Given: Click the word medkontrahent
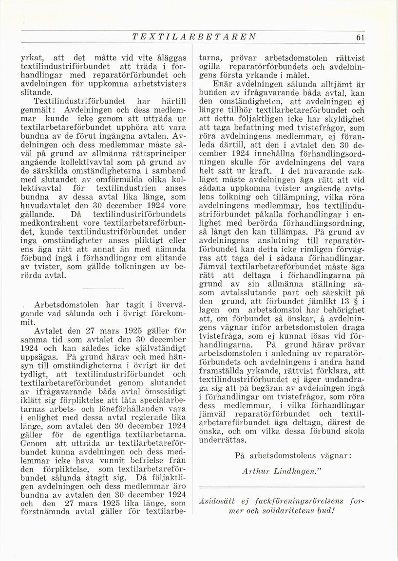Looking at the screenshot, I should (51, 223).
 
